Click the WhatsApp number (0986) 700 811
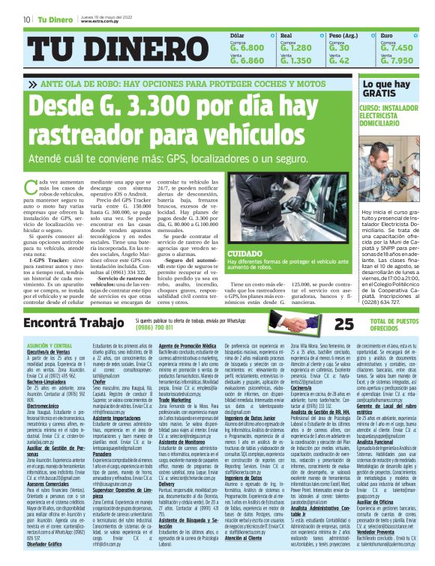pos(154,326)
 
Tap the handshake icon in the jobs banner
pos(289,323)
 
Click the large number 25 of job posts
pos(323,323)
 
